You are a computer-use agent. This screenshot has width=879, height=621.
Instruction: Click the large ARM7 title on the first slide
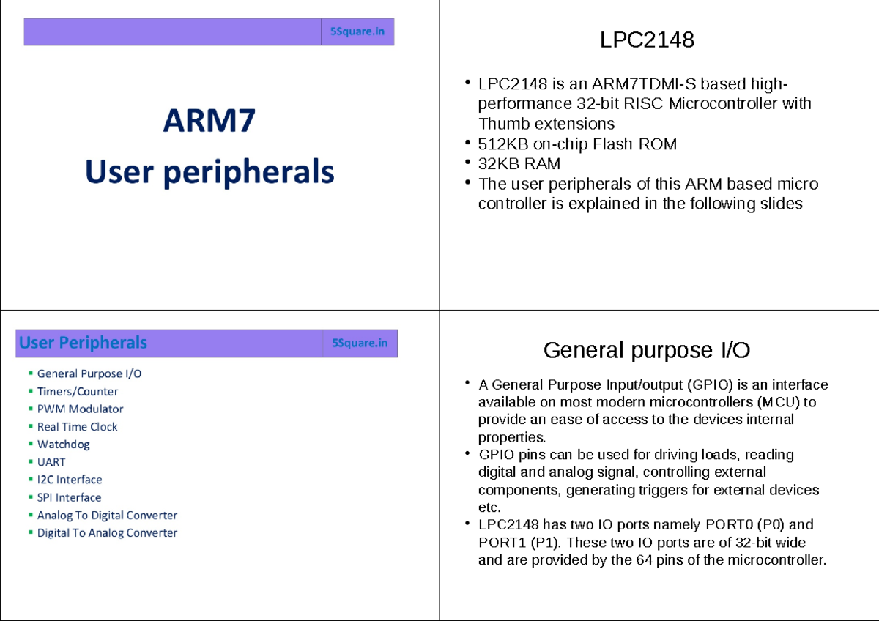(x=209, y=120)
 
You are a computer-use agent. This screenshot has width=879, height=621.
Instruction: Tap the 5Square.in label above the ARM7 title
(x=357, y=32)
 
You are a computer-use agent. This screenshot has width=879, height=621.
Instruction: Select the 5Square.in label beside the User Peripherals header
(x=360, y=343)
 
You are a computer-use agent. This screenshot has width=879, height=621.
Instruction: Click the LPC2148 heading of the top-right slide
(x=647, y=40)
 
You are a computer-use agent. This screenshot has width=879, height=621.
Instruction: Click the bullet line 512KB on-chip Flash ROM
(x=577, y=144)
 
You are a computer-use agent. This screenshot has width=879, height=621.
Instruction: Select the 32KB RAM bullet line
(x=519, y=164)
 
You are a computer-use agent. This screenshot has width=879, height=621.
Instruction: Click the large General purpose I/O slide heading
(x=647, y=351)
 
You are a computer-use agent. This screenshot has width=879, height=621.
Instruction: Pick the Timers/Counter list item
(x=78, y=391)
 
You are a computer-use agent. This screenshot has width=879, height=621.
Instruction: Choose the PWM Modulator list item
(x=80, y=409)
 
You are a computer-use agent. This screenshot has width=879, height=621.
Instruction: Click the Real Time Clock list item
(x=77, y=426)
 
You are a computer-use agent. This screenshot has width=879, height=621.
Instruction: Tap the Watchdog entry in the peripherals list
(x=64, y=444)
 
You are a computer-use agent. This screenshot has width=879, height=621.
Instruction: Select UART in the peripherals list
(x=51, y=462)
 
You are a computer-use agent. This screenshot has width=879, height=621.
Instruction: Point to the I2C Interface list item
(x=70, y=480)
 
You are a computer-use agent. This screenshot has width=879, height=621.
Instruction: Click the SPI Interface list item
(x=69, y=497)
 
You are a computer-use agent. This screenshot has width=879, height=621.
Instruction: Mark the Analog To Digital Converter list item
(x=107, y=515)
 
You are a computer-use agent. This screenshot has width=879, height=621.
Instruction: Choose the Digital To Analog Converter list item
(x=107, y=532)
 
